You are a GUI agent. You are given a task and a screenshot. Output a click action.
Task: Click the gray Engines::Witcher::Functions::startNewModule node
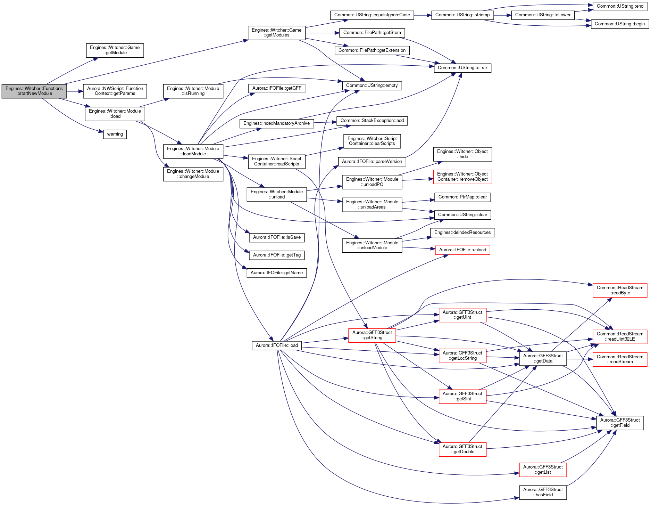click(34, 91)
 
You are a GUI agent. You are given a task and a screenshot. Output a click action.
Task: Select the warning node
click(115, 134)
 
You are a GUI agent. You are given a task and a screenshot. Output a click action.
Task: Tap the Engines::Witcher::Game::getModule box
click(115, 50)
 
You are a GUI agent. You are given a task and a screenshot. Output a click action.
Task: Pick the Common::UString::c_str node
click(462, 68)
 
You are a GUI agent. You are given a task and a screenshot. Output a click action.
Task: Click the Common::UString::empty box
click(372, 85)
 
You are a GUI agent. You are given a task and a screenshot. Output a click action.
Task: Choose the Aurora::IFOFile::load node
click(277, 345)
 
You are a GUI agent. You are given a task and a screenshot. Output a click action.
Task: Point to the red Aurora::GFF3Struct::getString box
click(372, 335)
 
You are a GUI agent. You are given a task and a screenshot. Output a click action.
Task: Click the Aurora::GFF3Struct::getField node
click(620, 423)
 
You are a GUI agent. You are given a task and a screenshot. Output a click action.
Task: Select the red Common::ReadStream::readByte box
click(620, 290)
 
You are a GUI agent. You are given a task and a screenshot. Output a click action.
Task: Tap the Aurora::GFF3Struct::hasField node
click(543, 492)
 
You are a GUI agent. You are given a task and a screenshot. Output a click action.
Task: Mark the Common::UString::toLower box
click(543, 15)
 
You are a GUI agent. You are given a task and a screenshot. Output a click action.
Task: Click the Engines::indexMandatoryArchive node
click(277, 123)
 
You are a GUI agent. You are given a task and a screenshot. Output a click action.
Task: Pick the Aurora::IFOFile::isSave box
click(277, 237)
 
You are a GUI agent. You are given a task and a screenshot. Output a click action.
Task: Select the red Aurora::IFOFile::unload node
click(462, 250)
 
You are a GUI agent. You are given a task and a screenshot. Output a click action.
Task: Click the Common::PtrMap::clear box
click(462, 197)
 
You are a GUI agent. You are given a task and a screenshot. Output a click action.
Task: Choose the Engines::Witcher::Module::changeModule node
click(193, 174)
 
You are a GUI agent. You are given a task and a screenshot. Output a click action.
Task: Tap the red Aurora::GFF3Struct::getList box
click(543, 470)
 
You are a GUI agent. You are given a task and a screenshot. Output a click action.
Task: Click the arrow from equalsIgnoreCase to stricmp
click(423, 15)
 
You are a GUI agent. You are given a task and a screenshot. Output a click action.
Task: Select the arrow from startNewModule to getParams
click(75, 91)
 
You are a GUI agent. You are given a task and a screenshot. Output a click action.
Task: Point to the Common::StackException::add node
click(372, 121)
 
